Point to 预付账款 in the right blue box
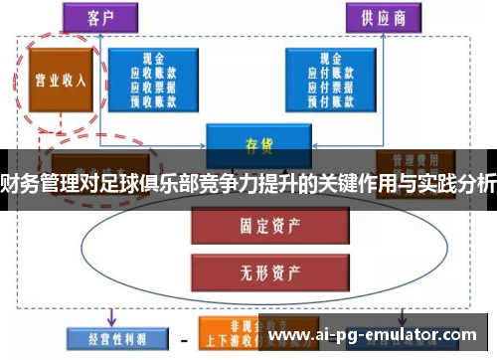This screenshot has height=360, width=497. coord(329,98)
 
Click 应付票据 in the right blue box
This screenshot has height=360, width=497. coord(329,87)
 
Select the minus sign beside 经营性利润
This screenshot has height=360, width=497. coord(184,339)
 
